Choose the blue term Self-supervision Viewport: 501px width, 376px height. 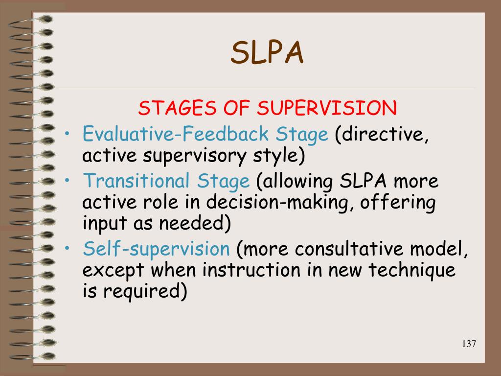click(x=156, y=249)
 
